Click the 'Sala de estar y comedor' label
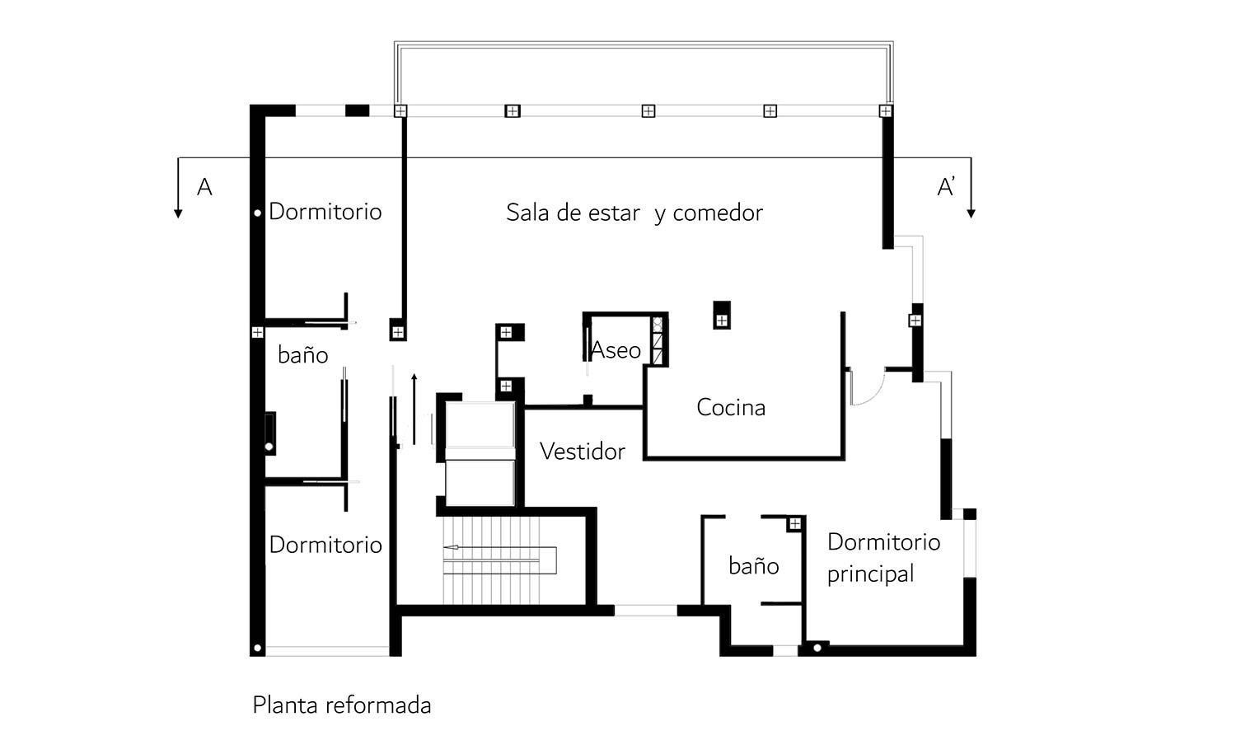tap(634, 213)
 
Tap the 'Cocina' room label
tap(730, 407)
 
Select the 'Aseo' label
tap(616, 350)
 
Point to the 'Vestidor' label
tap(582, 452)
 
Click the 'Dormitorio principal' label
tap(883, 558)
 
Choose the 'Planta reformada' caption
tap(341, 705)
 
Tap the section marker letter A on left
tap(204, 187)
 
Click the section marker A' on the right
tap(946, 187)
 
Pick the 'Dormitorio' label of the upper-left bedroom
tap(325, 212)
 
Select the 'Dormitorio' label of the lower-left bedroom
tap(325, 545)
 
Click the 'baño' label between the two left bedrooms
tap(302, 355)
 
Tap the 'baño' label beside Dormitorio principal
tap(753, 566)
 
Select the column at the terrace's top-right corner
tap(886, 110)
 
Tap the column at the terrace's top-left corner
tap(400, 110)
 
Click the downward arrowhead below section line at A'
tap(971, 213)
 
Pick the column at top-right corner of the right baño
tap(795, 524)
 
